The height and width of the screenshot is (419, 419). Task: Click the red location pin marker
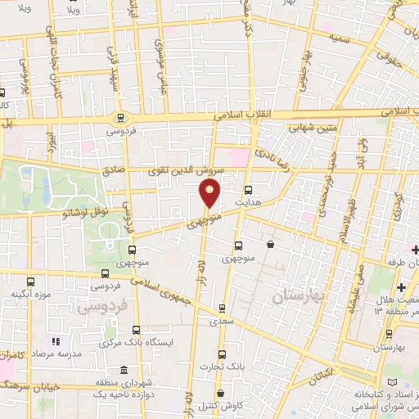210,193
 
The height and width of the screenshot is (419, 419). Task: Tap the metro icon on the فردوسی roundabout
121,117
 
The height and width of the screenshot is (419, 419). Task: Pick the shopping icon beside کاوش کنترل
221,394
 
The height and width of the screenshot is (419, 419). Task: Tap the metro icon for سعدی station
221,309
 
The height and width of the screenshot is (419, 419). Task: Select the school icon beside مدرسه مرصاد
56,341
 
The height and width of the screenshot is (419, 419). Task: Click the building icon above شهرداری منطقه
123,371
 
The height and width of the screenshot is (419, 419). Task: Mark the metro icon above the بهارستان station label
388,334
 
